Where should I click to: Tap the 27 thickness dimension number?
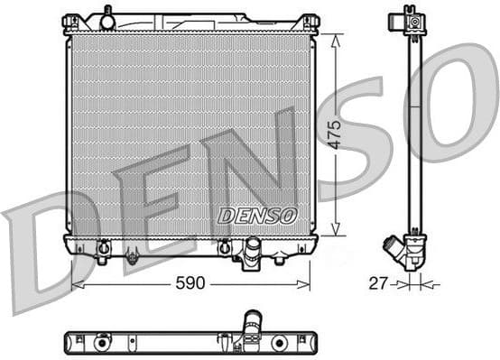(x=377, y=283)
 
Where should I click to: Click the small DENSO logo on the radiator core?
(x=257, y=216)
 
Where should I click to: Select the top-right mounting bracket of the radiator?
(x=309, y=23)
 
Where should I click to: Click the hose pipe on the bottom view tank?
(x=249, y=325)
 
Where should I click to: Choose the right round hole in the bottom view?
(x=279, y=343)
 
